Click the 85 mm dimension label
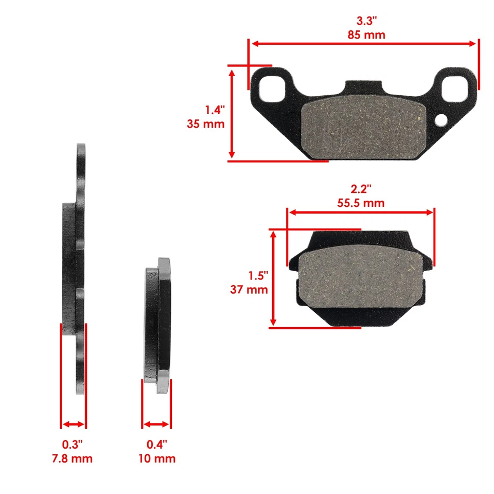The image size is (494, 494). point(363,36)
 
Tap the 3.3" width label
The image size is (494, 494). point(363,22)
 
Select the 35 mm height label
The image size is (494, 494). point(206,124)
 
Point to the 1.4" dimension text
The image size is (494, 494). point(215,110)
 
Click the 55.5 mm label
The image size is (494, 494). point(361,203)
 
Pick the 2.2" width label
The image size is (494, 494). point(361,190)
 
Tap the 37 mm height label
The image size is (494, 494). point(249,290)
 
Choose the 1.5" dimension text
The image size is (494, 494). point(257,276)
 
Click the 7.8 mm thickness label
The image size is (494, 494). point(73,458)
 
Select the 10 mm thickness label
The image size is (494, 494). point(156,458)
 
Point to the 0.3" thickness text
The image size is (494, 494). point(73,444)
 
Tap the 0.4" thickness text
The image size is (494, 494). point(156,444)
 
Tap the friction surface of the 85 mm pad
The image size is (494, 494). point(363,128)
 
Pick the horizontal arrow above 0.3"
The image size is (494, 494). point(73,425)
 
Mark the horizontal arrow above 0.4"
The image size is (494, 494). point(156,425)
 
